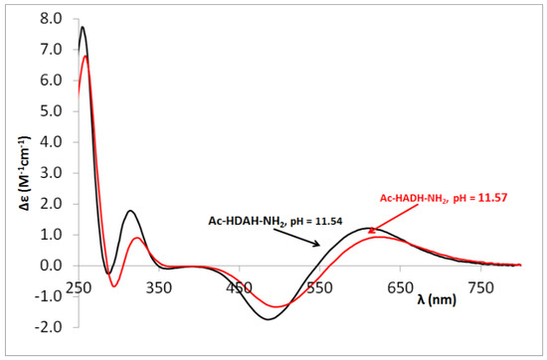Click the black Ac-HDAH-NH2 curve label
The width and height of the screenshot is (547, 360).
[x=270, y=221]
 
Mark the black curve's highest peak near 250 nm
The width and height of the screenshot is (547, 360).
[x=83, y=27]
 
